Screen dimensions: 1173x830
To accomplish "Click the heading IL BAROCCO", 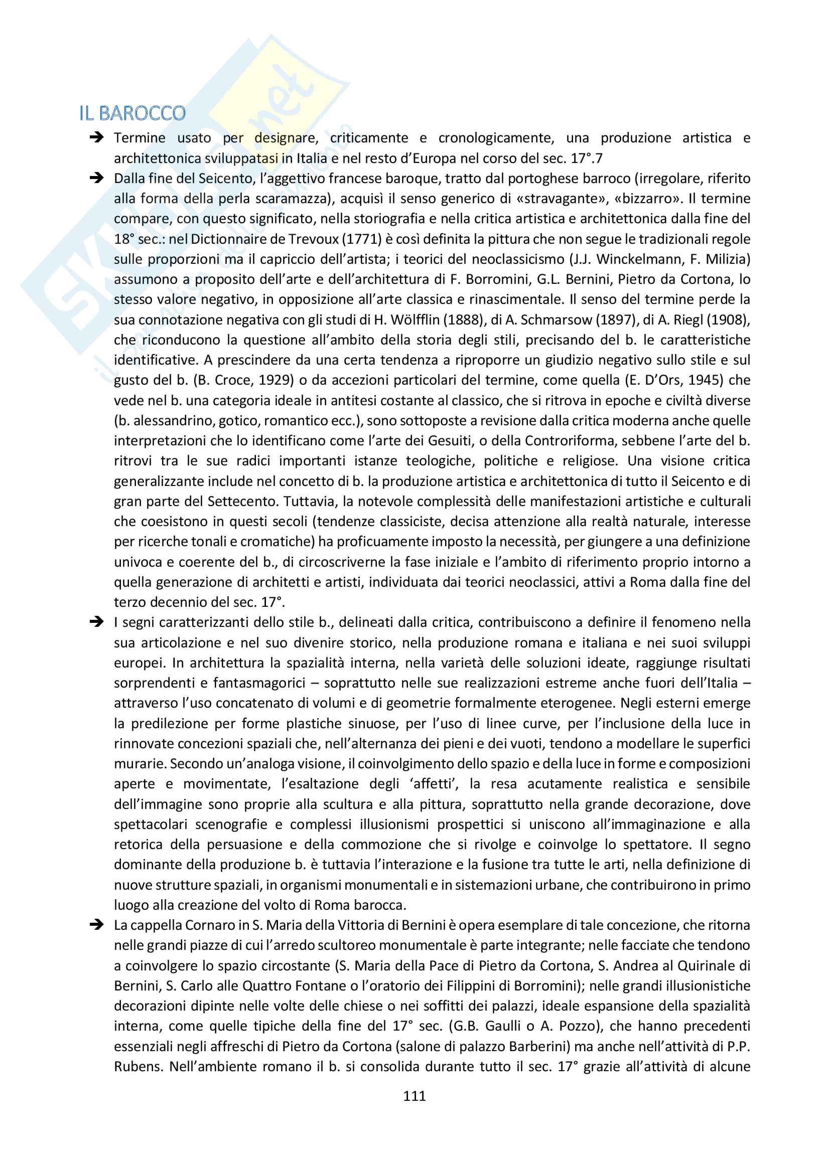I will [x=132, y=113].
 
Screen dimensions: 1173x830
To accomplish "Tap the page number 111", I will [x=414, y=1095].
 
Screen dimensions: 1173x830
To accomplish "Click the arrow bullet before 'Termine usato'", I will [x=96, y=137].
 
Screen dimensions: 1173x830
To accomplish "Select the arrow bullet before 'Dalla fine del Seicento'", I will [x=96, y=179].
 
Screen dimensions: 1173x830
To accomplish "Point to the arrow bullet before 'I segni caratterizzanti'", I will [x=96, y=622].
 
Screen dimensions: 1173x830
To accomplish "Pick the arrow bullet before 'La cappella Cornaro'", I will [x=96, y=925].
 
